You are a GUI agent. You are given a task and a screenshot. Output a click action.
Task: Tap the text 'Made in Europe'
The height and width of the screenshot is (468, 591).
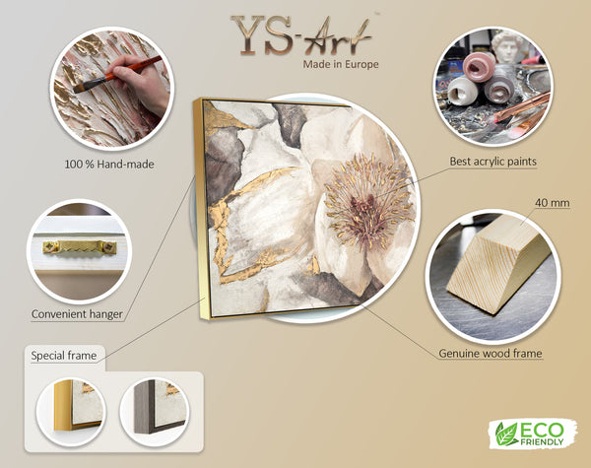click(341, 64)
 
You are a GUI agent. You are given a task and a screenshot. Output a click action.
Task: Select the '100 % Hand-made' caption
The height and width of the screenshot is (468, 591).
click(109, 165)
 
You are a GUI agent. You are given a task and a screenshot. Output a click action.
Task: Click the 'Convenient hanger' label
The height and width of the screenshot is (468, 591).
click(77, 314)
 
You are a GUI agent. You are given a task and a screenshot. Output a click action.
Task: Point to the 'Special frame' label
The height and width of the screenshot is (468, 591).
click(64, 356)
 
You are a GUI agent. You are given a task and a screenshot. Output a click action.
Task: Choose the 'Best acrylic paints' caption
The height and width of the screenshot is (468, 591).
click(493, 162)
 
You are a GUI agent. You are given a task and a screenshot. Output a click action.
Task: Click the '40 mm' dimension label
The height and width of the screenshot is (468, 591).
click(553, 203)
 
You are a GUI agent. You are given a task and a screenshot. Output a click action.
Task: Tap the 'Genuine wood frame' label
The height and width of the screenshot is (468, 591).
click(491, 354)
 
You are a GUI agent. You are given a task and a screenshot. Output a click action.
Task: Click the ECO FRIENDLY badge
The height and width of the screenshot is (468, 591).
click(533, 434)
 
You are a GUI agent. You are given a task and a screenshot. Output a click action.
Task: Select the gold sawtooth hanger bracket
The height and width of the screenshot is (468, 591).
click(80, 247)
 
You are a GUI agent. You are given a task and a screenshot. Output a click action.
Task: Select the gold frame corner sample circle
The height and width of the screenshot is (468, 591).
click(71, 411)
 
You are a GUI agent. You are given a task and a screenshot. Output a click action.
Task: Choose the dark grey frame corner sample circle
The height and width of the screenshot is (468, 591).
click(155, 411)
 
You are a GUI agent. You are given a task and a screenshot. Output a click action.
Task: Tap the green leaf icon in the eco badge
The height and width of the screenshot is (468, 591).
click(506, 435)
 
